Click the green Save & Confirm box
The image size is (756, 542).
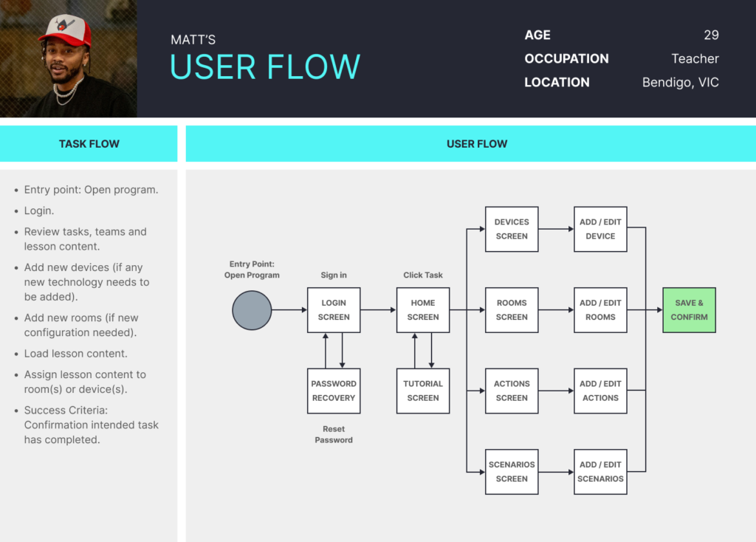click(689, 310)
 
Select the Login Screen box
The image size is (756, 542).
click(334, 310)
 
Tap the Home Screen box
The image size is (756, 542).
click(423, 310)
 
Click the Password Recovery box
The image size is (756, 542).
click(334, 391)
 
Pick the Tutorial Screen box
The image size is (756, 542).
click(423, 391)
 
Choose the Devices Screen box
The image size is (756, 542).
click(512, 229)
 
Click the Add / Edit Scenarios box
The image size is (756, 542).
click(600, 472)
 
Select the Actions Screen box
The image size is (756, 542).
click(512, 391)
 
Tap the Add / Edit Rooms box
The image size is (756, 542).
click(600, 310)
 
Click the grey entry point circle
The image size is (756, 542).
click(252, 310)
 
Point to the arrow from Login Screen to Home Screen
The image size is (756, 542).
click(379, 309)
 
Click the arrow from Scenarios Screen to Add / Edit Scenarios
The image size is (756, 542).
click(556, 472)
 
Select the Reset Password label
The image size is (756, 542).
click(334, 434)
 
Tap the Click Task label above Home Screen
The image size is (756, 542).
click(423, 275)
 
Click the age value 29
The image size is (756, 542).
click(711, 35)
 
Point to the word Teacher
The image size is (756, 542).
click(695, 59)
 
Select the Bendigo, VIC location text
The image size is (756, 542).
click(680, 83)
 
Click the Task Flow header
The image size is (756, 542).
click(89, 144)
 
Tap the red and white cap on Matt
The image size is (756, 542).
click(66, 30)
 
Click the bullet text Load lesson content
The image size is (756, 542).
click(76, 354)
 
